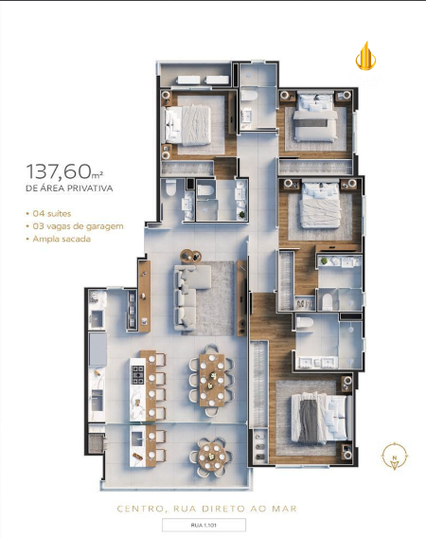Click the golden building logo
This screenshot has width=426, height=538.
[365, 56]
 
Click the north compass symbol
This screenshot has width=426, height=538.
[395, 456]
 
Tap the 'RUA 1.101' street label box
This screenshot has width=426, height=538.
[204, 525]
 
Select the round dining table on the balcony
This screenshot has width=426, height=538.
[211, 457]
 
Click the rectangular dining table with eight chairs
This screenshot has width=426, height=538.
[212, 380]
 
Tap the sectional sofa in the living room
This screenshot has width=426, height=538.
[192, 296]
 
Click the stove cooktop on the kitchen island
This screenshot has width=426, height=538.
[138, 375]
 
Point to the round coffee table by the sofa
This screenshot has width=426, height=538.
[191, 256]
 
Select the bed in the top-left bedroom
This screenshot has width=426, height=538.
[187, 124]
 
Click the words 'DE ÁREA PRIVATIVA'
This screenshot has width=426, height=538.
[69, 188]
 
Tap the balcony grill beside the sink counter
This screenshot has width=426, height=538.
[97, 443]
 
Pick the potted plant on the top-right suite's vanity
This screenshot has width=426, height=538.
[324, 261]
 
